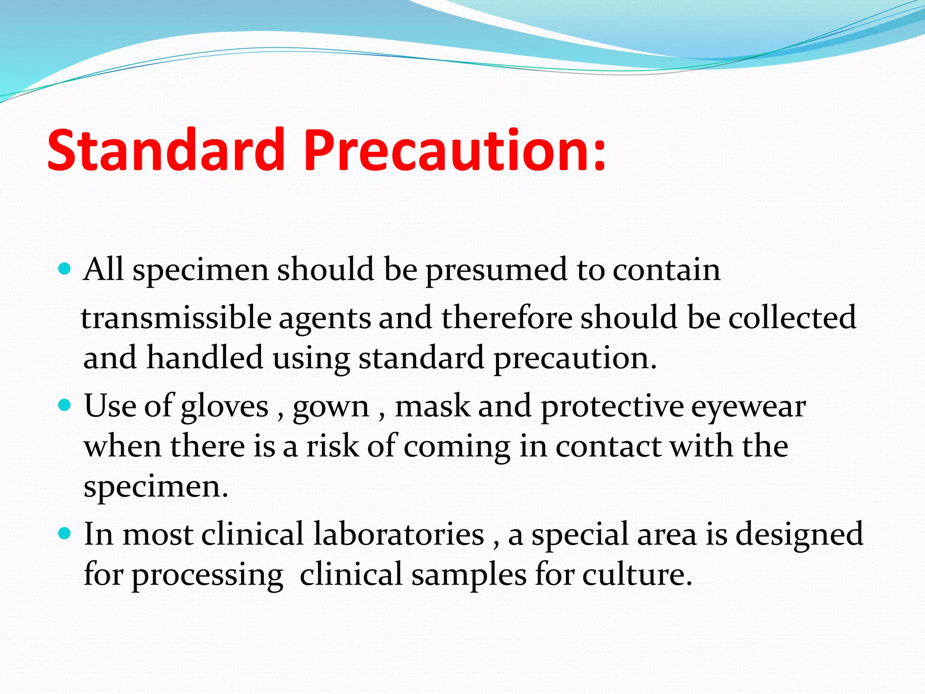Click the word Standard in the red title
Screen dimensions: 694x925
tap(165, 150)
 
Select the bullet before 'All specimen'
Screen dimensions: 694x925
tap(65, 270)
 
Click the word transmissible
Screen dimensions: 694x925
tap(176, 317)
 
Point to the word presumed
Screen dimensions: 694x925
tap(496, 270)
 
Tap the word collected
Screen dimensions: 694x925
tap(792, 317)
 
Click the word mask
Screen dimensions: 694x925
tap(432, 406)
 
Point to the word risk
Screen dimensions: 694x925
tap(333, 446)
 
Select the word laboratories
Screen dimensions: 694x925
tap(399, 534)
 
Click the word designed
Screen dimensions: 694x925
tap(799, 535)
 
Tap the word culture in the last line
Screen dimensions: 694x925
tap(637, 575)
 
